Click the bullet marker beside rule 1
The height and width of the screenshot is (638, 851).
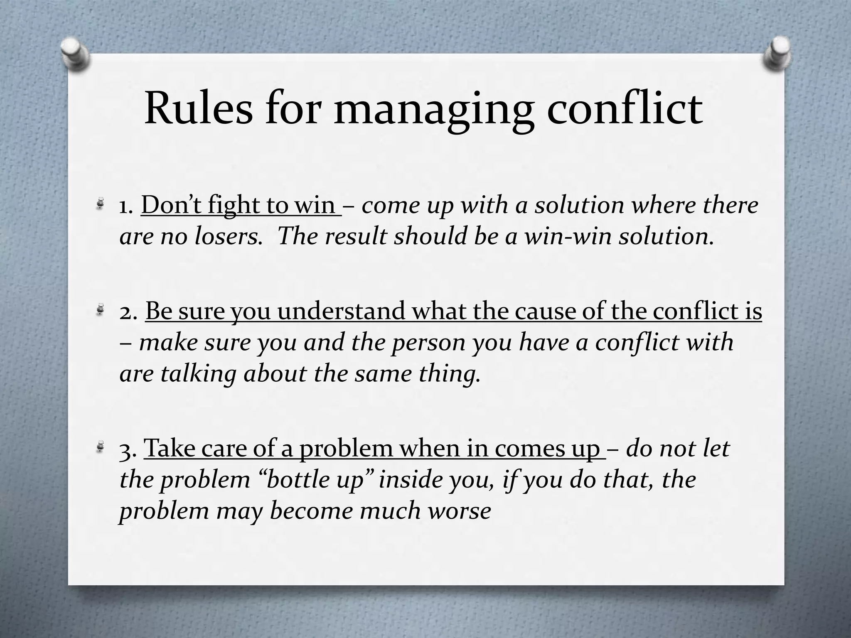coord(100,204)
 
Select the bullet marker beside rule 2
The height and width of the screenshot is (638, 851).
coord(100,310)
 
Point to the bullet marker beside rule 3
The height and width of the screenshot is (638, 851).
coord(100,448)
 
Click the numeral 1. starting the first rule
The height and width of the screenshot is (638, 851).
coord(125,206)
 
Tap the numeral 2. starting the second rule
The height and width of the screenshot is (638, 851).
coord(128,312)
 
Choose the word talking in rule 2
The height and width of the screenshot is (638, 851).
coord(199,374)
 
